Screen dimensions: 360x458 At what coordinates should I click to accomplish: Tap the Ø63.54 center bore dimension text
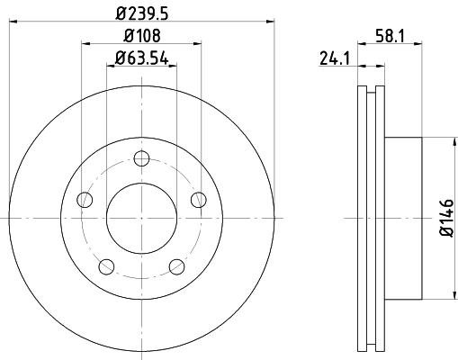pyautogui.click(x=141, y=60)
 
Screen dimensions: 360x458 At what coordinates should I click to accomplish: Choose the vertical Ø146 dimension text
pyautogui.click(x=447, y=219)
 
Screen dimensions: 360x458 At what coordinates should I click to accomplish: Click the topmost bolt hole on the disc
pyautogui.click(x=141, y=159)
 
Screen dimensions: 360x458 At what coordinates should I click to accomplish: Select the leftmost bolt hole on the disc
pyautogui.click(x=85, y=200)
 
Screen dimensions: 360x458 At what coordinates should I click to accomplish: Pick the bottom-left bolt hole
pyautogui.click(x=106, y=265)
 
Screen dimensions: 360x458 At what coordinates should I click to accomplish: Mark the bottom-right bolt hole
pyautogui.click(x=176, y=265)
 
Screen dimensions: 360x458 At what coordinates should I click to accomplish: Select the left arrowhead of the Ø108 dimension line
pyautogui.click(x=85, y=41)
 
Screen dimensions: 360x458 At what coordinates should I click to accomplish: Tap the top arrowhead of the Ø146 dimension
pyautogui.click(x=449, y=141)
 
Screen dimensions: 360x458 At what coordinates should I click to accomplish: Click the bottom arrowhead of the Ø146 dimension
pyautogui.click(x=449, y=296)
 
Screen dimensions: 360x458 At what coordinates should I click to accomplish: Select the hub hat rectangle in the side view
pyautogui.click(x=403, y=219)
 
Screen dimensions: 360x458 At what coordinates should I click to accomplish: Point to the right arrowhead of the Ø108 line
pyautogui.click(x=197, y=41)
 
